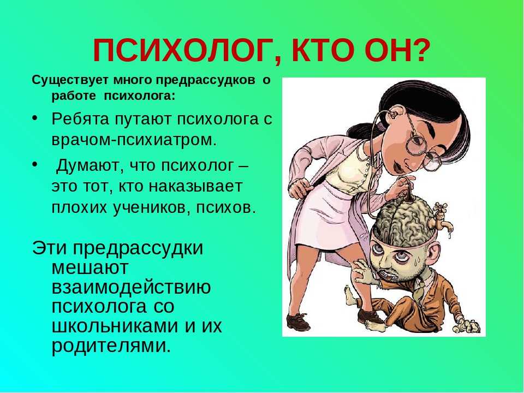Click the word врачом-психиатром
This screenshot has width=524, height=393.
[134, 140]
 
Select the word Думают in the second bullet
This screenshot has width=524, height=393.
[89, 166]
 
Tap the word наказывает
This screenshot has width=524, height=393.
[195, 186]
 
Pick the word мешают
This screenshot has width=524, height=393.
[90, 267]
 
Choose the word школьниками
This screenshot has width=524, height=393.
[115, 325]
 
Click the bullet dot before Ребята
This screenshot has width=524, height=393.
[34, 118]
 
